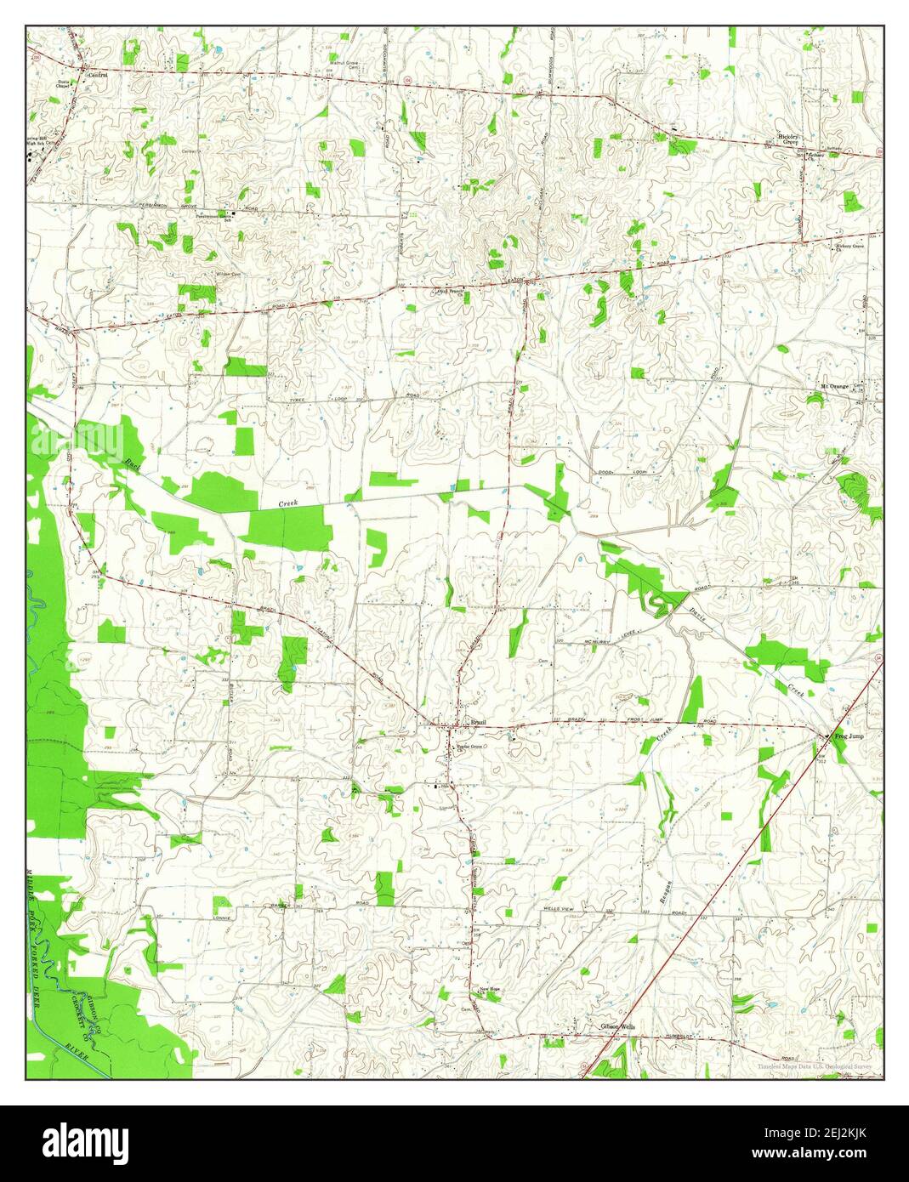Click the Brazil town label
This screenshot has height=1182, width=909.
click(478, 722)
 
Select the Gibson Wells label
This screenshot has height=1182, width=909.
click(616, 1027)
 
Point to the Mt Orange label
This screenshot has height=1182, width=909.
click(834, 387)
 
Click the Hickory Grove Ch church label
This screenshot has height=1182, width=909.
click(849, 247)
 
